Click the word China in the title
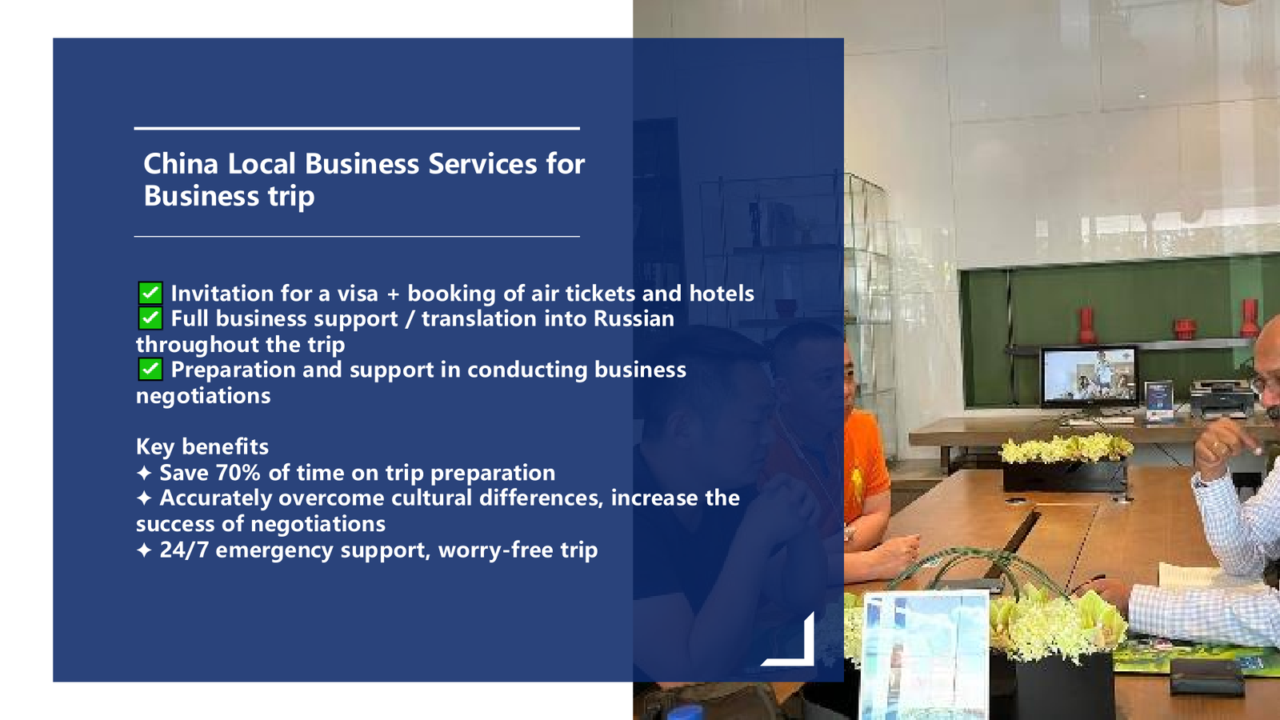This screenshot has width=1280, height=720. [181, 164]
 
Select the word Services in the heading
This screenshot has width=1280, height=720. [482, 164]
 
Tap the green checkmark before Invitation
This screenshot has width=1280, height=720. [150, 293]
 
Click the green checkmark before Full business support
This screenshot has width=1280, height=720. [150, 318]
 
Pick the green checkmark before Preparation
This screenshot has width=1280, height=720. [150, 369]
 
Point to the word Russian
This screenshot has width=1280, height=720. [634, 319]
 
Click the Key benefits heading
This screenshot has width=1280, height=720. [202, 447]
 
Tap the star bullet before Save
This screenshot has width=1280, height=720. [144, 473]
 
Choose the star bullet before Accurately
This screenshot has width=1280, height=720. [144, 498]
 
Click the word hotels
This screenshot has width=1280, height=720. [721, 294]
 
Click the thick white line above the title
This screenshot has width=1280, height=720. [357, 129]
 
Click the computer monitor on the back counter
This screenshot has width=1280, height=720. [1089, 377]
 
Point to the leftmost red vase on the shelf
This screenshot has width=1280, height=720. [1086, 325]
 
